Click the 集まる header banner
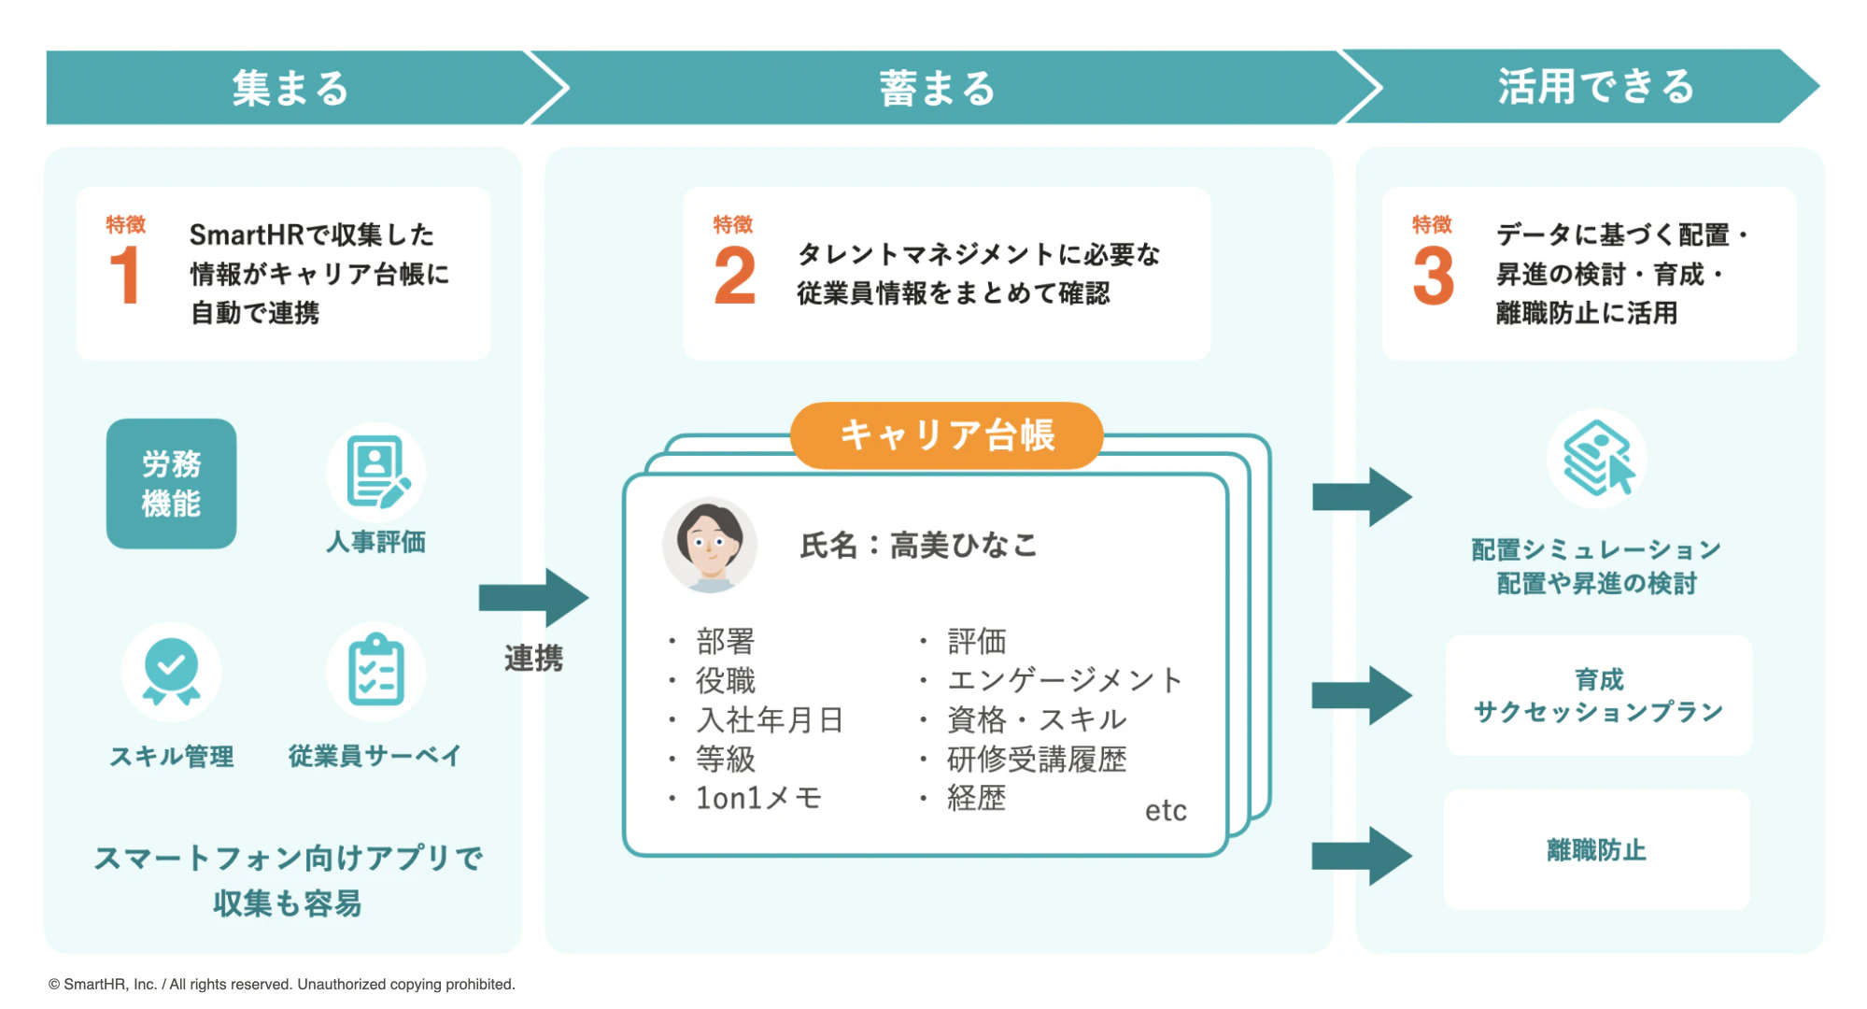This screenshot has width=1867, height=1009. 290,88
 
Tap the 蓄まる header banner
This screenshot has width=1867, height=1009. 937,88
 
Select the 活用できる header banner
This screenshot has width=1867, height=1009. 1595,86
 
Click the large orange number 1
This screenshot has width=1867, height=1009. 124,276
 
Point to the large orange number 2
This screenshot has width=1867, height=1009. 734,276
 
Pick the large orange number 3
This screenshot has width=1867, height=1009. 1433,276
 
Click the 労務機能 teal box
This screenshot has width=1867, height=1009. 171,483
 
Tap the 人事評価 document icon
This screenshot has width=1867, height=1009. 376,472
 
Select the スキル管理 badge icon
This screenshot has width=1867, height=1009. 171,671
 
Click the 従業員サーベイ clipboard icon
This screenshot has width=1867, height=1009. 375,671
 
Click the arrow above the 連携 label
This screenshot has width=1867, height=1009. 532,598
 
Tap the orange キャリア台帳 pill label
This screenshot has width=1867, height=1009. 946,435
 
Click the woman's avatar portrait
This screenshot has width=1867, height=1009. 710,545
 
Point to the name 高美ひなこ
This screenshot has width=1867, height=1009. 963,545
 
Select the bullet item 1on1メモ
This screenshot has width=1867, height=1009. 757,798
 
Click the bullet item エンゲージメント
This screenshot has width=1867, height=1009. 1065,680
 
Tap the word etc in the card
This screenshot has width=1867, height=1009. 1165,810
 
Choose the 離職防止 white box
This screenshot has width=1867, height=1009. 1596,849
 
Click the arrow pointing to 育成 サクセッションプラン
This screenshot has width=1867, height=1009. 1361,695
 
